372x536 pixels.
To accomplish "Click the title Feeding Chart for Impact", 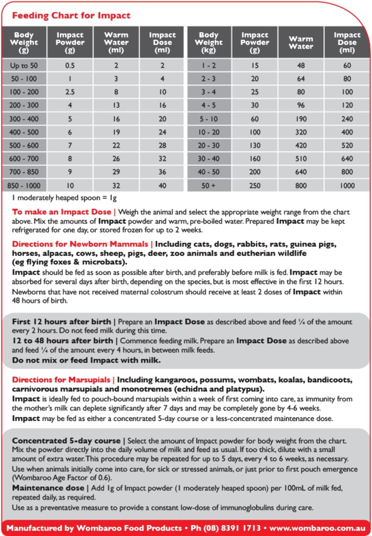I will (71, 15).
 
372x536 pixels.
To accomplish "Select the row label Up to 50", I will (24, 65).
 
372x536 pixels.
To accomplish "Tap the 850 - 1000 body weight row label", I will (24, 185).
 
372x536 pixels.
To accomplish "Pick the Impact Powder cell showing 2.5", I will (70, 92).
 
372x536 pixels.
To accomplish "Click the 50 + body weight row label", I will (208, 185).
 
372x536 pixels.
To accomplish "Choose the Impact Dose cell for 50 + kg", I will (347, 185).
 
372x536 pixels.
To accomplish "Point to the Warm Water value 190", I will (301, 119).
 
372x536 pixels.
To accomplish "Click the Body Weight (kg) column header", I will (208, 42).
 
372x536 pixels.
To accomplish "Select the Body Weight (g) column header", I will (24, 42).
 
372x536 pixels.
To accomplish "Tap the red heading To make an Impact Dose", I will (62, 212).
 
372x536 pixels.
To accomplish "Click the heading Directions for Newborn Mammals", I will (80, 244).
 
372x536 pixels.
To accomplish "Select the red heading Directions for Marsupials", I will (61, 380).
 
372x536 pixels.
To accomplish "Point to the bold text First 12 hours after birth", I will (61, 322).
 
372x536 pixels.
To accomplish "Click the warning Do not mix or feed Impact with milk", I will (86, 360).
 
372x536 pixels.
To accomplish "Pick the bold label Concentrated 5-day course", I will (66, 441).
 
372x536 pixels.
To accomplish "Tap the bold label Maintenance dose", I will (48, 488).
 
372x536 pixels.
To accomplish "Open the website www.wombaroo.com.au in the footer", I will (317, 528).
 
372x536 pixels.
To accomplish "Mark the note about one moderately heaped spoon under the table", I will (64, 198).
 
